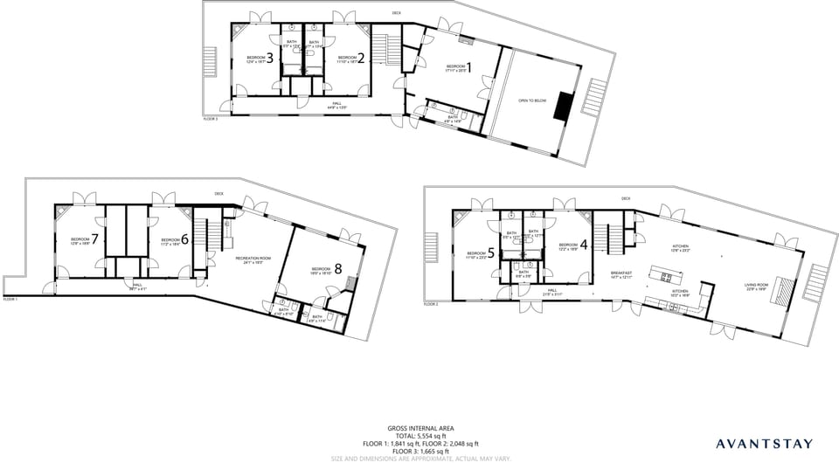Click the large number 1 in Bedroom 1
pos(468,66)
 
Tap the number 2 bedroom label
pos(360,59)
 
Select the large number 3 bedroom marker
pos(270,59)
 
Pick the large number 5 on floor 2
pos(490,253)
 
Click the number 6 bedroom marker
pos(184,239)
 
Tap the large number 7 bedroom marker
pos(94,238)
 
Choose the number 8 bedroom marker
pos(337,269)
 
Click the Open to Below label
pos(532,100)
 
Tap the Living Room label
pos(755,285)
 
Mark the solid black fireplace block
pos(565,106)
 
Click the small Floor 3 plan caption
pos(210,119)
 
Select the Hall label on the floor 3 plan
pos(336,105)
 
